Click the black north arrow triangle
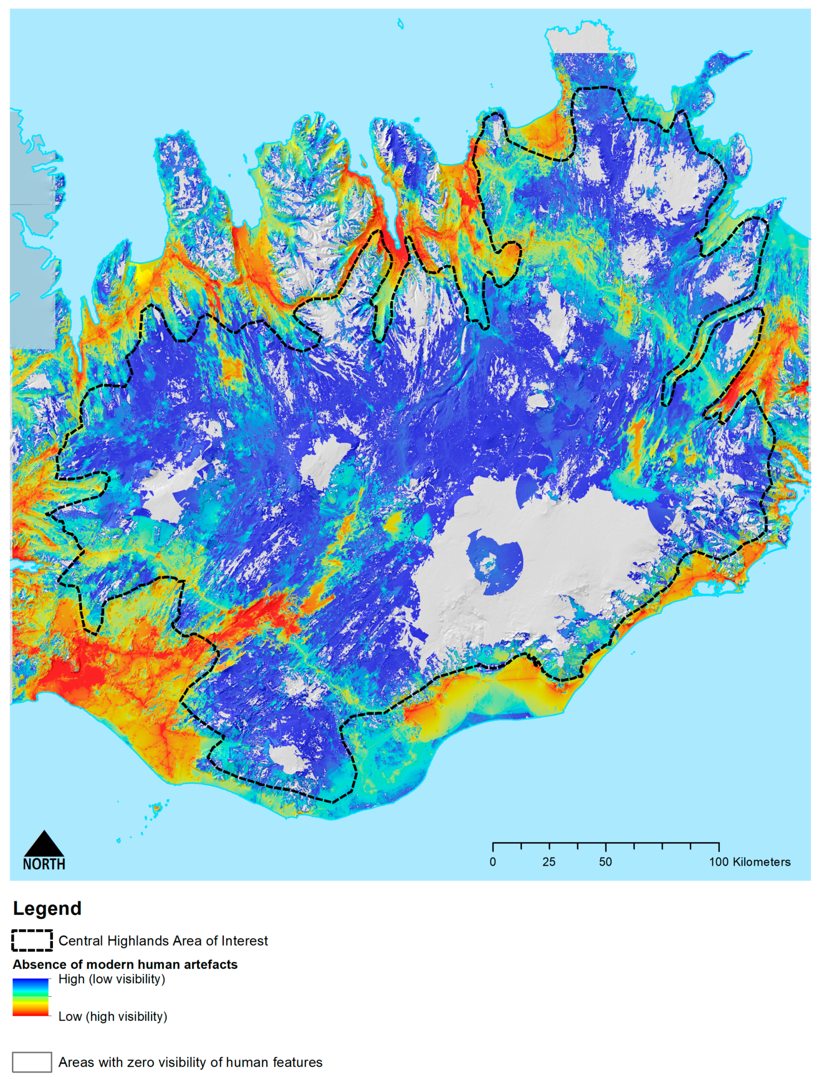click(44, 845)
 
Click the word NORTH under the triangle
click(44, 864)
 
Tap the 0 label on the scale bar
click(493, 862)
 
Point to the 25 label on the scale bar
click(549, 862)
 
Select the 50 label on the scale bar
click(605, 862)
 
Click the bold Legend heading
click(47, 908)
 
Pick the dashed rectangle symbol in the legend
click(32, 940)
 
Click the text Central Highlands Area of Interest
click(163, 941)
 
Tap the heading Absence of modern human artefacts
click(125, 965)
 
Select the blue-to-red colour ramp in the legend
click(31, 997)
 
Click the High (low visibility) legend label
click(112, 979)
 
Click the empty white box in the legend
click(32, 1062)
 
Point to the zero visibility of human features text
click(190, 1062)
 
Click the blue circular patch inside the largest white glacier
click(495, 562)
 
